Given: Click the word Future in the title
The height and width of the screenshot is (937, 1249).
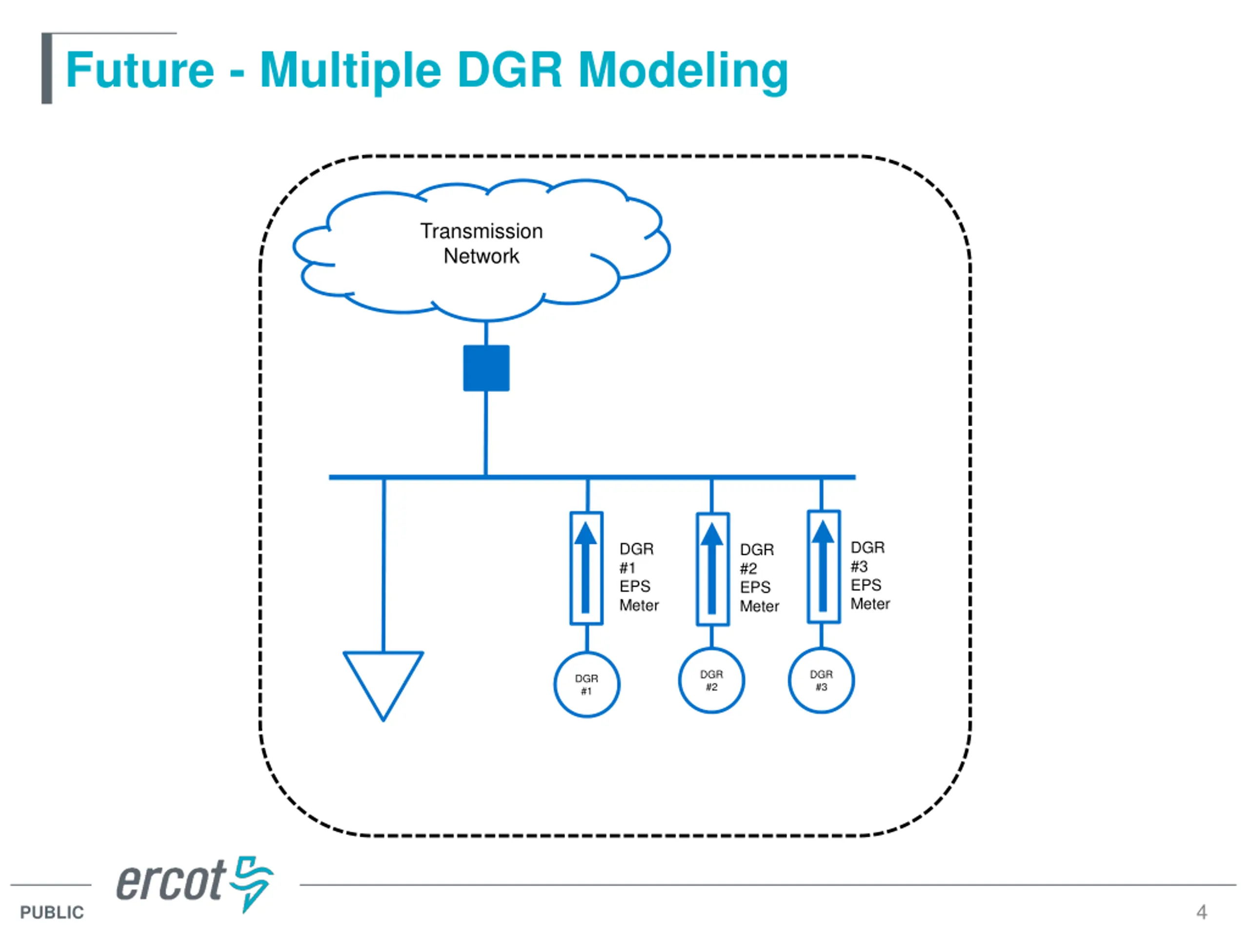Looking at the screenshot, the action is [140, 70].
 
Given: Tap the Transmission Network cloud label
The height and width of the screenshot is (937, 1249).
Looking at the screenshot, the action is [482, 244].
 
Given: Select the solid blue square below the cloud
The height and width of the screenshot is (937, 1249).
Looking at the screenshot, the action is [486, 368].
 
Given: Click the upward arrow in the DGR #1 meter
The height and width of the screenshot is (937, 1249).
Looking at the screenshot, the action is [585, 567].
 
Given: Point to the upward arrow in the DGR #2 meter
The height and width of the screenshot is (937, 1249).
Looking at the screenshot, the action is [712, 568].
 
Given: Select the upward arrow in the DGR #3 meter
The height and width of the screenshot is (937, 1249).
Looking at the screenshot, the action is [823, 566].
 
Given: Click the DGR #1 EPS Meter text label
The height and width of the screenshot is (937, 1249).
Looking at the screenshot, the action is [639, 577].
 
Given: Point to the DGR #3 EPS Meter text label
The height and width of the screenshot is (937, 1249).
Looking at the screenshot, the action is [870, 575].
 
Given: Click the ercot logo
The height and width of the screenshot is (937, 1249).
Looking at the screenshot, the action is [195, 884].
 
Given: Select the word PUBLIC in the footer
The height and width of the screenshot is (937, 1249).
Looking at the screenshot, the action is [52, 912].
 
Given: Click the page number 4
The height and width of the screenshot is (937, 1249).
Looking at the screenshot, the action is [1202, 912].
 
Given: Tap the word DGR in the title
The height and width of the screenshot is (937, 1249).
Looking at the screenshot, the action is [510, 70].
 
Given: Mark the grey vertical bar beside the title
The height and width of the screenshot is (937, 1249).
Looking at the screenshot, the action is [47, 68].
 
